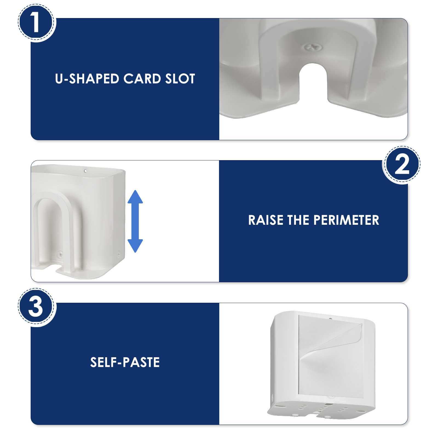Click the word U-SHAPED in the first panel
point(87,79)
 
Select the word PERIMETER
point(346,220)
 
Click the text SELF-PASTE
point(125,362)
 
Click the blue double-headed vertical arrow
point(135,221)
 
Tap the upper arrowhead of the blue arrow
point(135,197)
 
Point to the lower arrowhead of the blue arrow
point(135,246)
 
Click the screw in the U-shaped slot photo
point(313,47)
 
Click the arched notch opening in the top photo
point(313,82)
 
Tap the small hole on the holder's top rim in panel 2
point(85,171)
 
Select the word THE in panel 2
point(299,220)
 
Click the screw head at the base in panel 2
point(60,254)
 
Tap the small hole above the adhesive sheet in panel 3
point(330,319)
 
